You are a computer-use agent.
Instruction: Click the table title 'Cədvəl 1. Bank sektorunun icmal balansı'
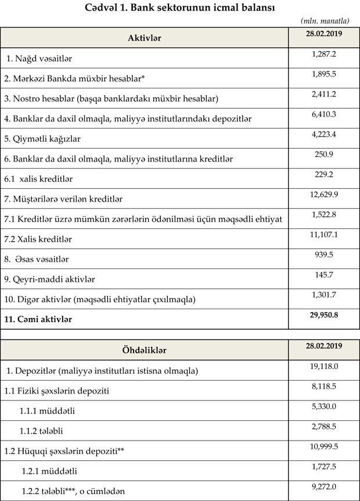(x=180, y=8)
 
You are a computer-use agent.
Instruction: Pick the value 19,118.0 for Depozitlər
(x=324, y=366)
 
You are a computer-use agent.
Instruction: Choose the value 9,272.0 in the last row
(x=324, y=486)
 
